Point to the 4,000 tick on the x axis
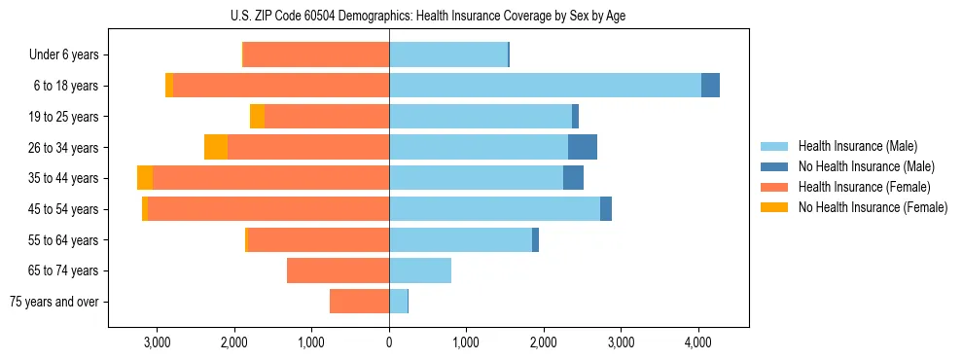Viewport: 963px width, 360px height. (x=698, y=342)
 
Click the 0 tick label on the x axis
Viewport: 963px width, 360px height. (x=389, y=342)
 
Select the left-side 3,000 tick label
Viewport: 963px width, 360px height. (x=158, y=342)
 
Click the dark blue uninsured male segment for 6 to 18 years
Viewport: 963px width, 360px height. (x=710, y=86)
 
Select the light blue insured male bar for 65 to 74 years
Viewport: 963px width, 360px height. (x=420, y=270)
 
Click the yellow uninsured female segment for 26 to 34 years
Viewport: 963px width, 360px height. (x=216, y=147)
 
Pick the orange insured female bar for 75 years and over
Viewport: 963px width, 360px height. (x=360, y=302)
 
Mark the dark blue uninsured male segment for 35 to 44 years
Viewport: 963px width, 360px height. (x=573, y=178)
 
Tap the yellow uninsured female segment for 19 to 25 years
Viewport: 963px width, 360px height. (x=257, y=117)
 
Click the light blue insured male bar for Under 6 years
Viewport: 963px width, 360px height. (x=448, y=55)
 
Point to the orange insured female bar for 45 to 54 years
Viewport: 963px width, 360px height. (x=268, y=209)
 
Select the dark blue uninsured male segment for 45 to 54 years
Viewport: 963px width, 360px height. (x=606, y=209)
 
